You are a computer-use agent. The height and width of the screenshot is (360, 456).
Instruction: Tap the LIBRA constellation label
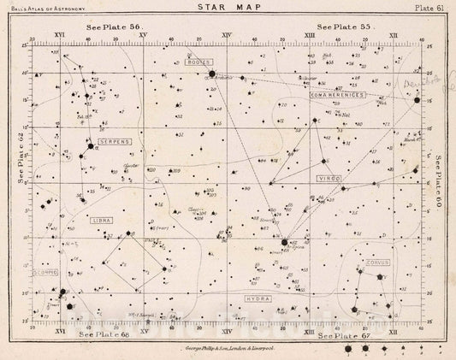click(102, 220)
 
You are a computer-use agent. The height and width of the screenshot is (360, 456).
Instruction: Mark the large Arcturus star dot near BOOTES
click(211, 74)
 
